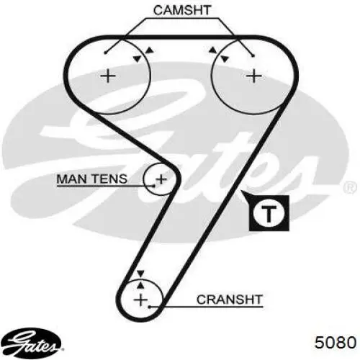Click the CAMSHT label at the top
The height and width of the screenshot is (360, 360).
(x=182, y=10)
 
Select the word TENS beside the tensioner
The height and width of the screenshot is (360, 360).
(x=109, y=179)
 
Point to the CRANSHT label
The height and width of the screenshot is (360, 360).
(x=229, y=300)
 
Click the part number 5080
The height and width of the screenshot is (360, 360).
(x=336, y=342)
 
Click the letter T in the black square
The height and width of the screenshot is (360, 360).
(x=269, y=213)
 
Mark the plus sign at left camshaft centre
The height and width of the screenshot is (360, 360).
(x=108, y=76)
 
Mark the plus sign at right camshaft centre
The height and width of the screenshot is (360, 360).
(x=254, y=76)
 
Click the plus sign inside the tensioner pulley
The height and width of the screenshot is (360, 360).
(x=161, y=179)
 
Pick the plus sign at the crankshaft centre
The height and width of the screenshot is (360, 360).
(x=140, y=300)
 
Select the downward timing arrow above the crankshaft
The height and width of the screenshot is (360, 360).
(x=140, y=274)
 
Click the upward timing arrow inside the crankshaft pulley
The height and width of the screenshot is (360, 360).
(x=141, y=284)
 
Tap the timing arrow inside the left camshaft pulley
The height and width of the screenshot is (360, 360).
(x=138, y=58)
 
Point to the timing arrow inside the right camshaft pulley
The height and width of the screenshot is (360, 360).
(x=225, y=59)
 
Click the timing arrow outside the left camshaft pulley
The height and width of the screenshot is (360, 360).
(x=150, y=50)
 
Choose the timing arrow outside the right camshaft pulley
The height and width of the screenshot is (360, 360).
(x=212, y=50)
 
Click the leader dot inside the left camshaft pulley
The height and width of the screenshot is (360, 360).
(x=106, y=53)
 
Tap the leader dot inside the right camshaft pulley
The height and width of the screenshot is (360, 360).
(x=253, y=56)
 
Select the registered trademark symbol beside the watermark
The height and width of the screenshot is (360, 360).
(x=350, y=187)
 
